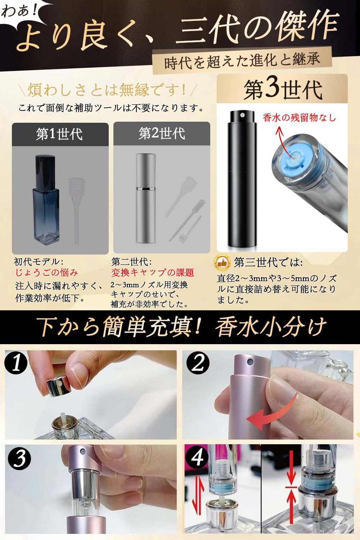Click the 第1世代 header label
tap(60, 134)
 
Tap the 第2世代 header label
tap(162, 134)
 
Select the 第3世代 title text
tap(283, 89)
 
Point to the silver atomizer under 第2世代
tap(145, 198)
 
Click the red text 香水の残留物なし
tap(299, 118)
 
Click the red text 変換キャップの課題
tap(153, 273)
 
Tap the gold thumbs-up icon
tap(222, 263)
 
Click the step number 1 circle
tap(16, 363)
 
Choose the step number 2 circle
tap(198, 363)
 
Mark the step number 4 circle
tap(197, 458)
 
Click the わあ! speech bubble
tap(20, 11)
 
